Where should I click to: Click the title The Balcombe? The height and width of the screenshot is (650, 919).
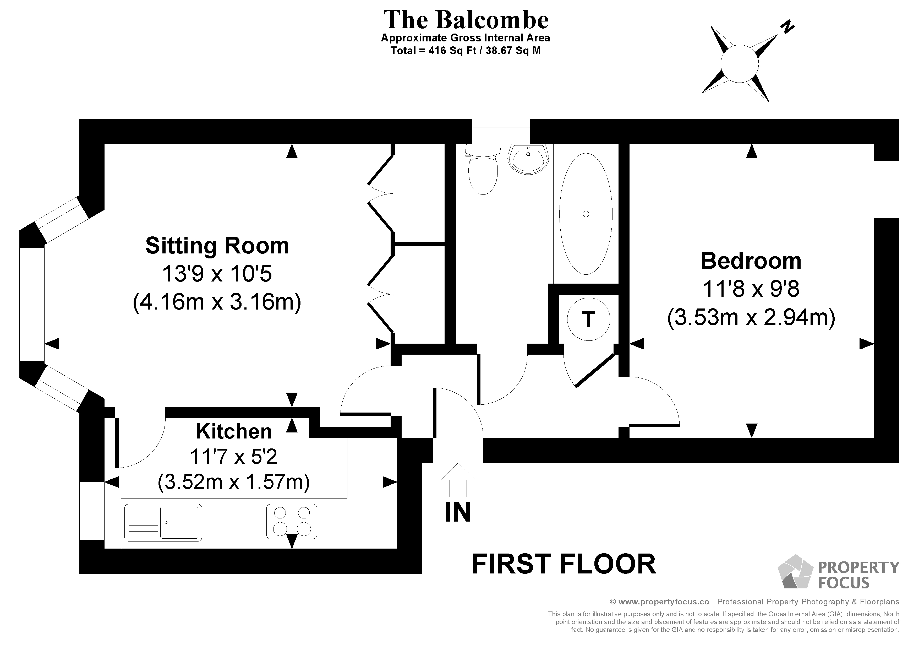click(x=466, y=20)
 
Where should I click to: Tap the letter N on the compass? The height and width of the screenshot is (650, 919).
click(x=787, y=27)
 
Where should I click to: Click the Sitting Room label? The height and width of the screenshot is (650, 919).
click(x=217, y=246)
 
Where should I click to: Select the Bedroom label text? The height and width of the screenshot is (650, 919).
click(x=751, y=261)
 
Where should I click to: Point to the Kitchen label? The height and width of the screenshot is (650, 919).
click(x=234, y=431)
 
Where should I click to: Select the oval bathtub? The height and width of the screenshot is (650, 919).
click(x=586, y=214)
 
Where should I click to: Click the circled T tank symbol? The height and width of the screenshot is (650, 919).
click(x=588, y=319)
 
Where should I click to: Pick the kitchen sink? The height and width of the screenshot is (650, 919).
click(x=163, y=523)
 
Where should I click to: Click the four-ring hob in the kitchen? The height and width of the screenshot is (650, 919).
click(x=292, y=521)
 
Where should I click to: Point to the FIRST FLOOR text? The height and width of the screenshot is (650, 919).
click(x=564, y=564)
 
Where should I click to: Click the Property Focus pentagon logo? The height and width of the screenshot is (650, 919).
click(x=795, y=572)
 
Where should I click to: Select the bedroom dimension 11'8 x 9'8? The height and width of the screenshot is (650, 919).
click(x=751, y=289)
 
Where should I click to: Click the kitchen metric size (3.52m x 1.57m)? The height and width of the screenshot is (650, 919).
click(x=234, y=482)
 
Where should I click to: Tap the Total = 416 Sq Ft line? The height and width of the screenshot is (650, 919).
click(x=466, y=51)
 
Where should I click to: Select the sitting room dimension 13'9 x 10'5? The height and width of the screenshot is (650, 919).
click(x=217, y=274)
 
